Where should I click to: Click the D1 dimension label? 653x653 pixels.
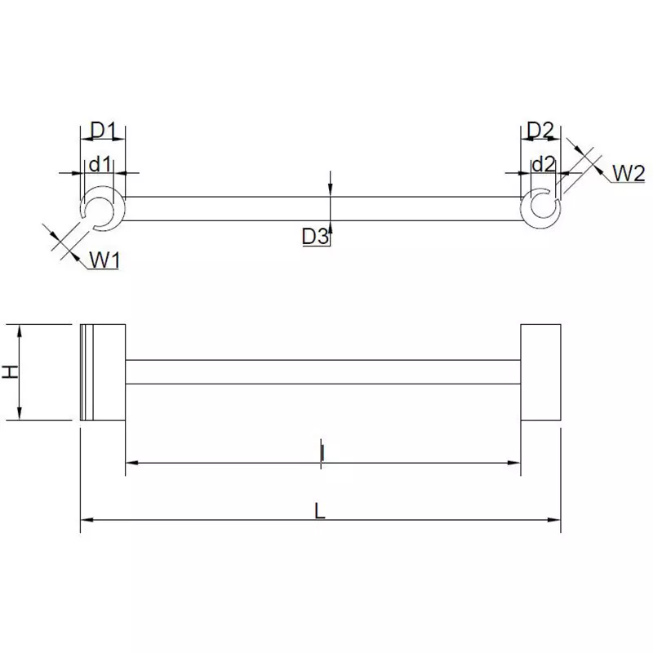(x=104, y=131)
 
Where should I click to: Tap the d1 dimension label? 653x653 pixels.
(x=100, y=163)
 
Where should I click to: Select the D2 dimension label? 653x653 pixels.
(x=540, y=131)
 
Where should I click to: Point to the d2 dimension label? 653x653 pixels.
(x=543, y=163)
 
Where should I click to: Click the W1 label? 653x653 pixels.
(x=104, y=260)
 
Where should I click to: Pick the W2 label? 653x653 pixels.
(x=629, y=172)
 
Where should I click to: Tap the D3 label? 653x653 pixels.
(x=314, y=237)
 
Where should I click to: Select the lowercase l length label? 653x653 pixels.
(x=322, y=451)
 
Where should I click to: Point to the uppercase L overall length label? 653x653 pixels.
(x=320, y=509)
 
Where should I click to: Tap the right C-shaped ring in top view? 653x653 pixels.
(x=540, y=208)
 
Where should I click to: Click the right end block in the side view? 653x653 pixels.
(x=540, y=372)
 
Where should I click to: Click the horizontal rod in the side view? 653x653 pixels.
(x=322, y=372)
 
